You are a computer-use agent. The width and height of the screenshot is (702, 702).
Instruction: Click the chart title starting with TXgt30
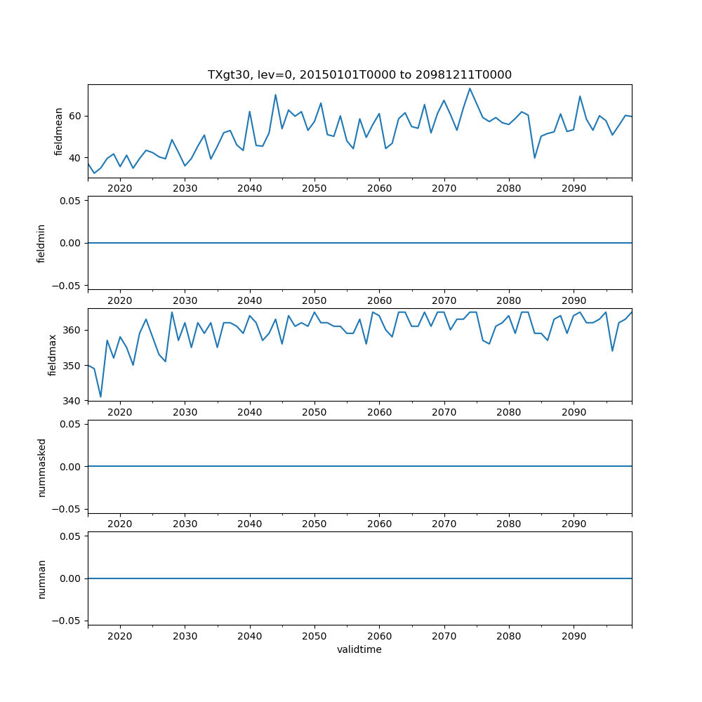359,74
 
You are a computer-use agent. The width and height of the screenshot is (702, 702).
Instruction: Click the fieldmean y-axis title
59,131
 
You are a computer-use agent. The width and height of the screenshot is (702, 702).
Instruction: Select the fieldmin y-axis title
41,243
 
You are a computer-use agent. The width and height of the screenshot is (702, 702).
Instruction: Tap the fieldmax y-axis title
53,355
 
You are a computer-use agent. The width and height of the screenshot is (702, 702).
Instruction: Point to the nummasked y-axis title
41,467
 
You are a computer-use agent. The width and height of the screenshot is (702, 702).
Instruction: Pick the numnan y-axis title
41,578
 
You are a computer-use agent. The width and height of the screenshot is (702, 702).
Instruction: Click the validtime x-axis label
359,649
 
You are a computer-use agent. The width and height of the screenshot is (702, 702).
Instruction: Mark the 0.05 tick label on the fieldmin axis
70,201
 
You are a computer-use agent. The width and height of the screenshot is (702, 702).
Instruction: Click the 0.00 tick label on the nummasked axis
70,467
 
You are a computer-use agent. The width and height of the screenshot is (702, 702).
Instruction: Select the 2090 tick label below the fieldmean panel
574,188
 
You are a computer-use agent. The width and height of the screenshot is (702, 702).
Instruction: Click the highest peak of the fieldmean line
470,88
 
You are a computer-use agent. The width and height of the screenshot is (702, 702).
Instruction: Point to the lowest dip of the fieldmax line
100,397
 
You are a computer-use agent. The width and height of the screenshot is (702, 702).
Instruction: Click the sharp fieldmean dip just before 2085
535,157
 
